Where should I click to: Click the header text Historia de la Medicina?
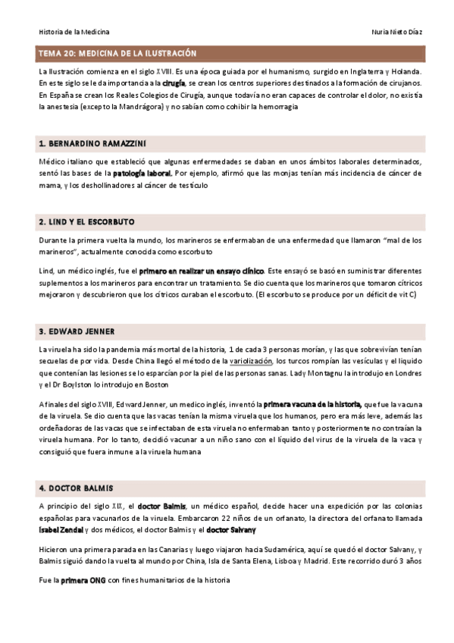click(x=74, y=32)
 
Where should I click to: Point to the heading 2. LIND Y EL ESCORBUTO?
click(x=86, y=221)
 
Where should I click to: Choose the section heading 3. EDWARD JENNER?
click(x=77, y=331)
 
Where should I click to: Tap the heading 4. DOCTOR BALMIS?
click(x=76, y=487)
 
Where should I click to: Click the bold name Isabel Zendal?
click(x=61, y=529)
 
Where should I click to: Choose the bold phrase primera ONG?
click(x=85, y=581)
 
